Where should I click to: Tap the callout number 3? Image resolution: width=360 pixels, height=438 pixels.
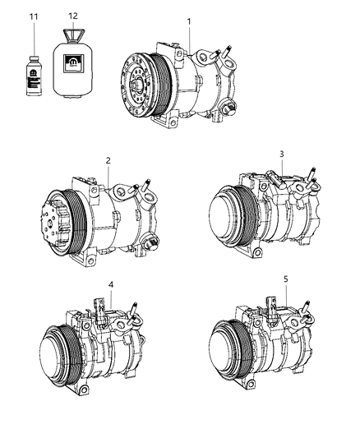(x=281, y=154)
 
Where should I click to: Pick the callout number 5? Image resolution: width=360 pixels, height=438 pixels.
(x=285, y=279)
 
